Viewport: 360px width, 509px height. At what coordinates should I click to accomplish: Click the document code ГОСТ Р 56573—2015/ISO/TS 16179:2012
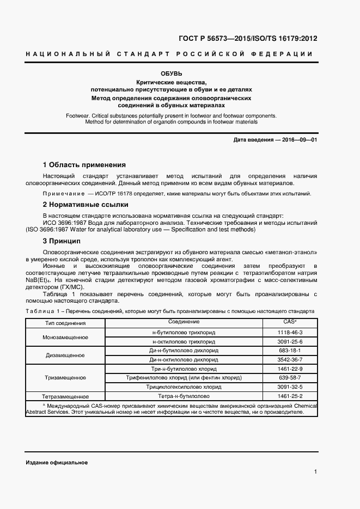[247, 39]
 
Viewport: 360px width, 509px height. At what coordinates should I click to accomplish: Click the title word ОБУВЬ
[171, 73]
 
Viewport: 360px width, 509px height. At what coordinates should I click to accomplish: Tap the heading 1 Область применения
[84, 164]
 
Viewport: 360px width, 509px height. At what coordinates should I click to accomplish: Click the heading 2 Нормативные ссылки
[85, 205]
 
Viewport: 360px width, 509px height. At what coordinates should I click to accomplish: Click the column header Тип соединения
[65, 323]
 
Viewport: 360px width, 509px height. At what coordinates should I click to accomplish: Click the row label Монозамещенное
[65, 337]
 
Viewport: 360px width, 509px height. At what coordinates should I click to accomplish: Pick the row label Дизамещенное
[65, 355]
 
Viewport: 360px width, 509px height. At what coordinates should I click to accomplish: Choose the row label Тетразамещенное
[65, 396]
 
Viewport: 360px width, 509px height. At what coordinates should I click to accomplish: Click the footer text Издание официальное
[57, 462]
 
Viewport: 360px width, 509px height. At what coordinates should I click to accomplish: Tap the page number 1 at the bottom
[315, 471]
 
